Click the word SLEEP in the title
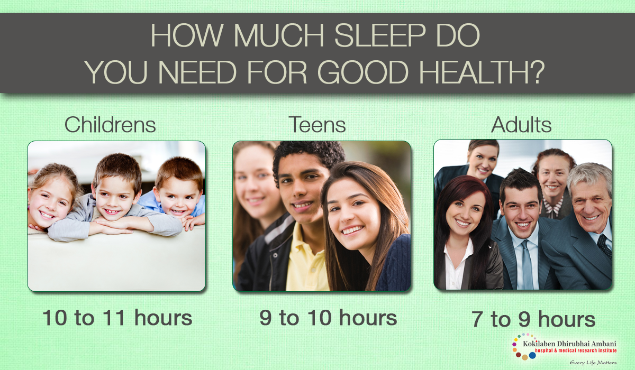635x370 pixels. (380, 35)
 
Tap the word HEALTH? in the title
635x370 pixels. (482, 72)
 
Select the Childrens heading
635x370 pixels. (110, 125)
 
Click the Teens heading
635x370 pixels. (317, 125)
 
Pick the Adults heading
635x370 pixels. (521, 125)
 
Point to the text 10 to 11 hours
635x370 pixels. (117, 318)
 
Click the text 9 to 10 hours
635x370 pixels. (328, 318)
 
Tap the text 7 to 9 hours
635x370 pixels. (533, 319)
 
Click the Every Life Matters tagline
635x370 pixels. (593, 363)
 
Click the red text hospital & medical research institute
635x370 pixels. (576, 350)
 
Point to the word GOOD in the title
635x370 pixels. (363, 72)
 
